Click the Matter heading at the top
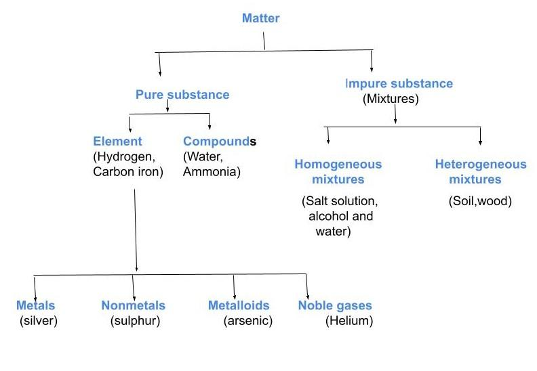(x=261, y=18)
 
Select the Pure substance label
(x=182, y=95)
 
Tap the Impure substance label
(x=399, y=84)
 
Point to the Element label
(x=118, y=141)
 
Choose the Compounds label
(x=220, y=141)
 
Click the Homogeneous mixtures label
(x=338, y=172)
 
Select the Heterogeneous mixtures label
(x=480, y=172)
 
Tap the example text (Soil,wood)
(x=480, y=201)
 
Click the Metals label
(x=36, y=305)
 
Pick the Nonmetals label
(x=134, y=305)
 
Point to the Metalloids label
(x=239, y=305)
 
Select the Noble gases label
(x=335, y=305)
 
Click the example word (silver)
(x=39, y=320)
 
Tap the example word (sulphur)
(x=135, y=320)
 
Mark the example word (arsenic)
(x=247, y=320)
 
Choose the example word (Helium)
(x=349, y=320)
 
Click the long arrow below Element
(x=136, y=230)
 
